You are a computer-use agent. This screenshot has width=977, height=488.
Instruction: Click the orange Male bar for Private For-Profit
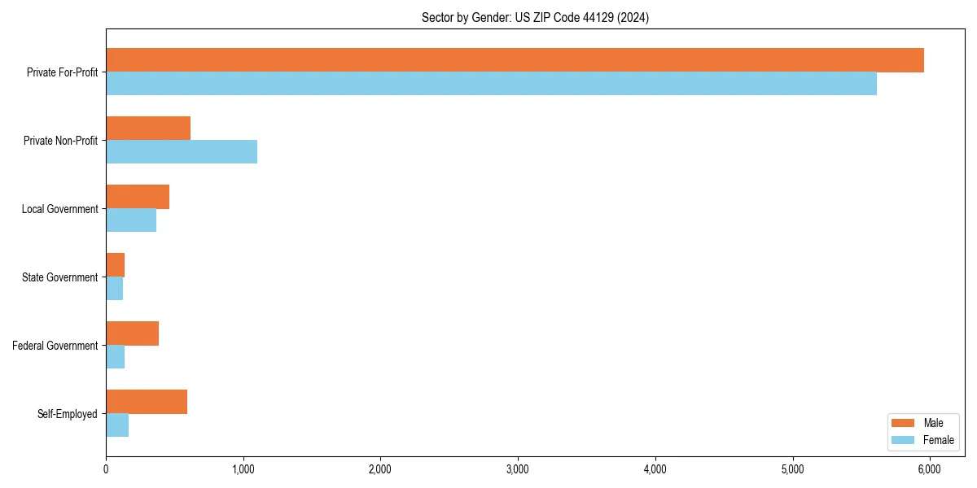click(x=515, y=60)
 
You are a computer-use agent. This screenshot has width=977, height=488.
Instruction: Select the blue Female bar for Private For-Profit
click(x=491, y=84)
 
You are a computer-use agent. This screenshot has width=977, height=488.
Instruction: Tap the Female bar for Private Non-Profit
click(x=182, y=152)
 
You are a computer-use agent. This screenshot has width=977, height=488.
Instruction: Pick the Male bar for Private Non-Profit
click(x=148, y=129)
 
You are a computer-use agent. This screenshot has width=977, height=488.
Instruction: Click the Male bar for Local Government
click(x=138, y=197)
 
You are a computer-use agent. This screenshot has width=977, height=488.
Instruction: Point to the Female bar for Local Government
click(x=131, y=220)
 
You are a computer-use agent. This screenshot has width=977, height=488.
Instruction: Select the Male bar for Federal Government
click(x=132, y=333)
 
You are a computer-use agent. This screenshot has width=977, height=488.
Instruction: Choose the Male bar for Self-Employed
click(x=147, y=402)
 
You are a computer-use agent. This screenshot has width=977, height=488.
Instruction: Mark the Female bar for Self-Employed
click(x=117, y=425)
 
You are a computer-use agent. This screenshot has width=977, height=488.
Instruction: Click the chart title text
click(x=535, y=17)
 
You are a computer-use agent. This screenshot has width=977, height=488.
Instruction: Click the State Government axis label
click(x=59, y=277)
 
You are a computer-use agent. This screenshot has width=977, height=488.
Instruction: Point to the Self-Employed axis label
click(x=67, y=414)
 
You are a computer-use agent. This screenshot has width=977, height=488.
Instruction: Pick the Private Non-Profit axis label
click(x=60, y=141)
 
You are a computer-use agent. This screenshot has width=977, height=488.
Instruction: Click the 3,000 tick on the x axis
click(x=518, y=469)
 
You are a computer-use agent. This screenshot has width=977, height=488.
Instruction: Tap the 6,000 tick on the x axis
click(x=930, y=469)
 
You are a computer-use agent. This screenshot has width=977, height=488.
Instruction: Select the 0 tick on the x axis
click(x=106, y=469)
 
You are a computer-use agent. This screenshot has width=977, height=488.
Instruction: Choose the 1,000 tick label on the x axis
click(x=243, y=469)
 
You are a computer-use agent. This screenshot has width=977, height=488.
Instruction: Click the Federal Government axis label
click(x=55, y=346)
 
